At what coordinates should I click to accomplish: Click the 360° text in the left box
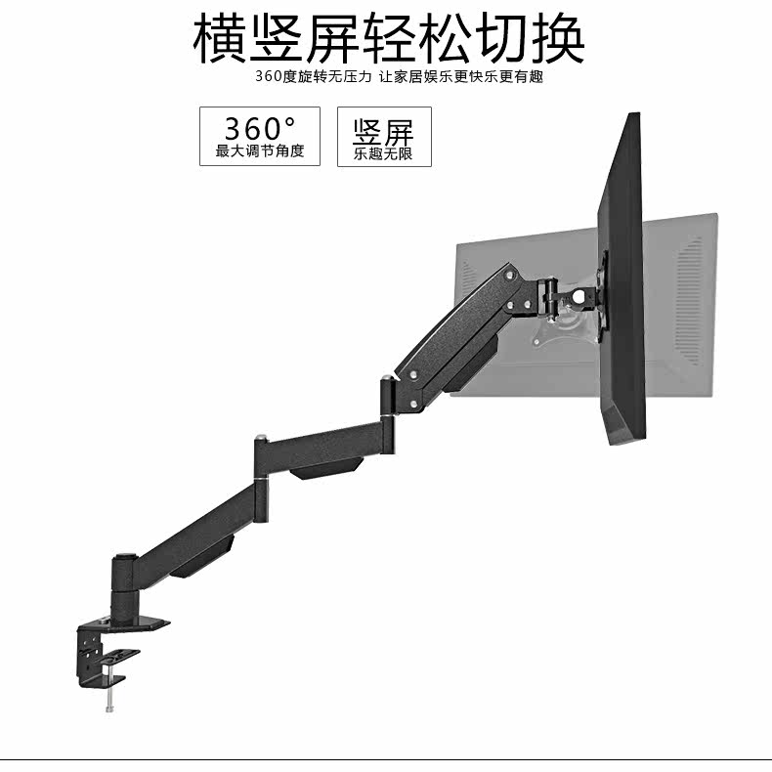click(x=259, y=128)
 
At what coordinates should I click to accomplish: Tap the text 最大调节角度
click(x=259, y=151)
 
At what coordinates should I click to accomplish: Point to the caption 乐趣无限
click(x=383, y=154)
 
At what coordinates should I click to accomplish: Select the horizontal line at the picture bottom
click(x=386, y=759)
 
